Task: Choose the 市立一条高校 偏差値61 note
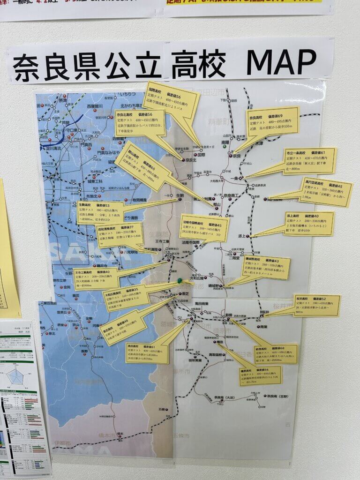click(310, 161)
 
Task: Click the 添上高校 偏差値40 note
click(309, 224)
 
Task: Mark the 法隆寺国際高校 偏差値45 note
click(204, 228)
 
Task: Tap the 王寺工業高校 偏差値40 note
click(96, 278)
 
